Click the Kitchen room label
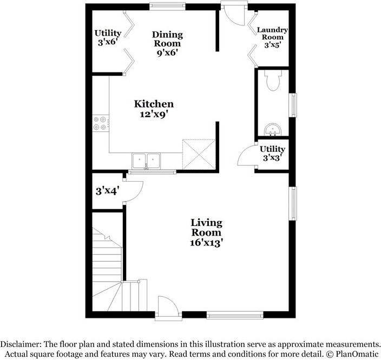tap(154, 104)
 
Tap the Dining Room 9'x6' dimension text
tap(167, 52)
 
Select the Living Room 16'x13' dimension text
tap(206, 243)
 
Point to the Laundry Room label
tap(272, 34)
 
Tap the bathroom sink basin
tap(273, 130)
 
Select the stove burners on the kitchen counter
tap(100, 123)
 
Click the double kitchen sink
tap(146, 161)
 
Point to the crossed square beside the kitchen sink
tap(199, 154)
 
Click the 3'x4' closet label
tap(107, 191)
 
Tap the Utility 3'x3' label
tap(272, 153)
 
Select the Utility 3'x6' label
tap(108, 37)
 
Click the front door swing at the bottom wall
tap(168, 306)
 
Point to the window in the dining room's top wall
tap(167, 6)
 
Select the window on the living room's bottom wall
tap(235, 315)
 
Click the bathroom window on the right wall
tap(293, 105)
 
